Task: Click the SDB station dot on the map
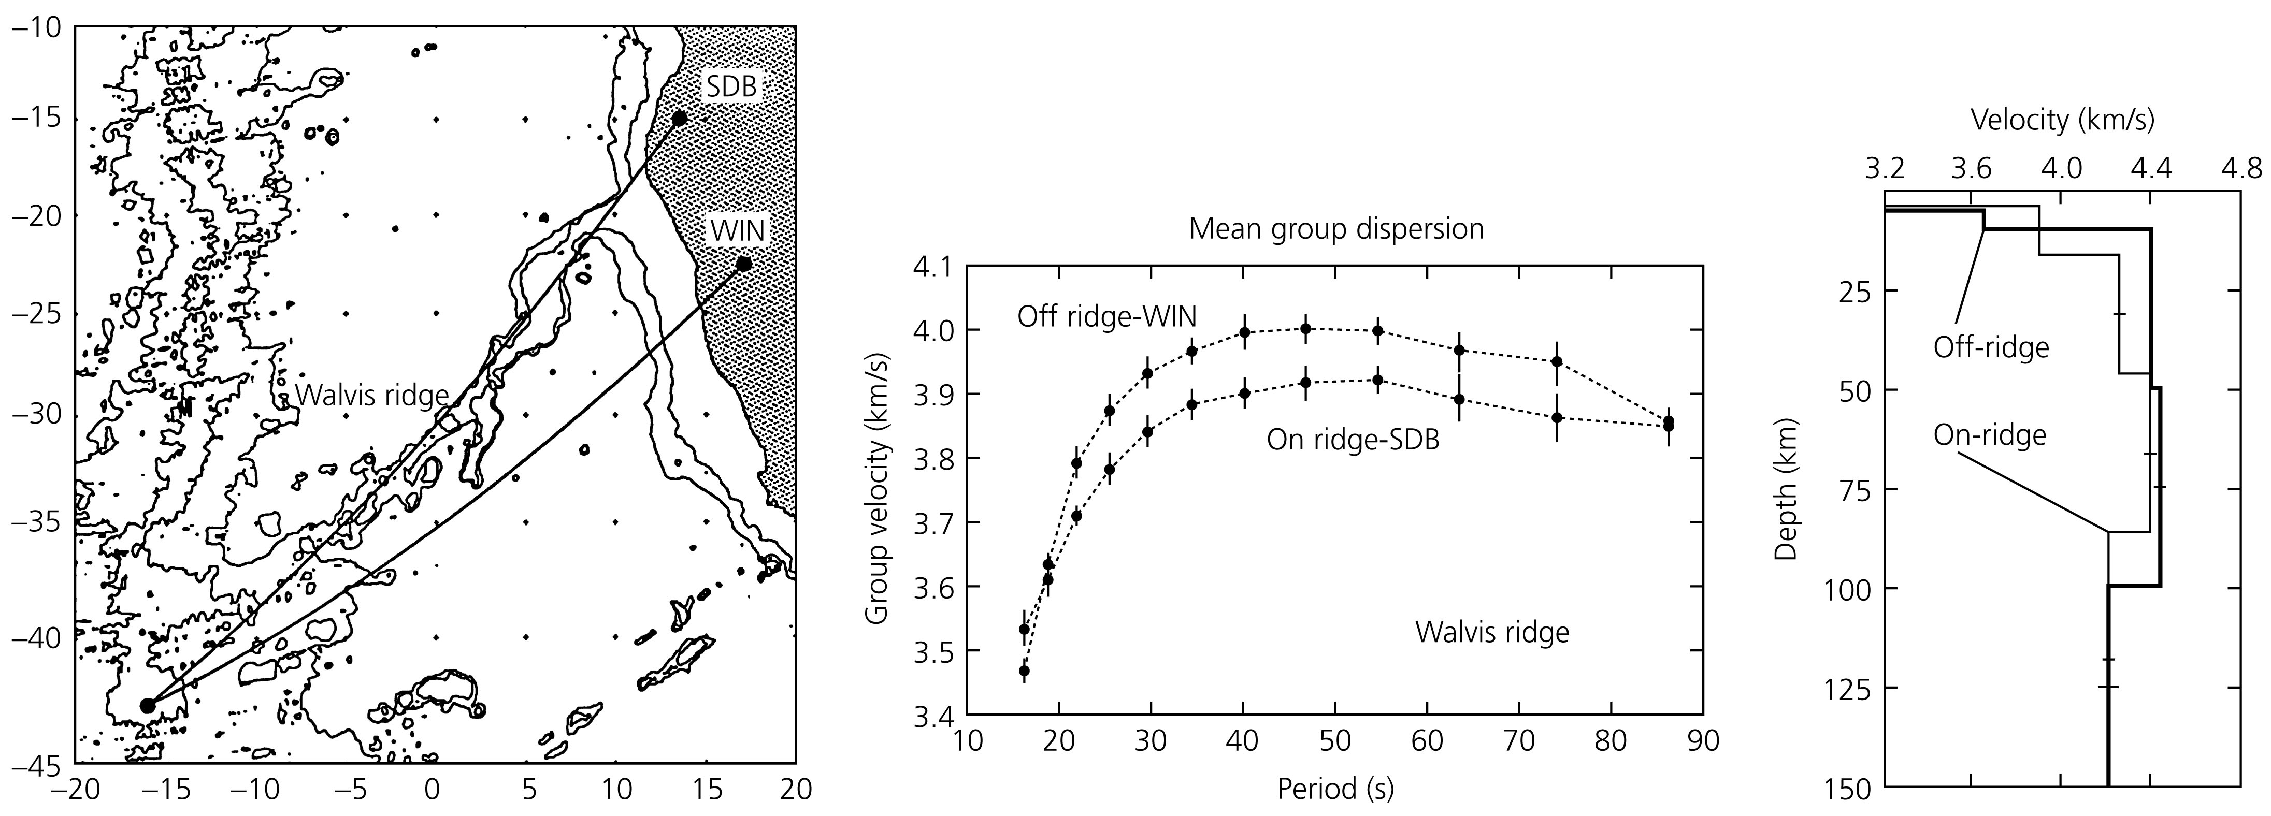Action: (x=679, y=118)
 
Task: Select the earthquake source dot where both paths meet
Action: (x=147, y=705)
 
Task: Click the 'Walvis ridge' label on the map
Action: (x=372, y=396)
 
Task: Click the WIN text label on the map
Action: (x=738, y=231)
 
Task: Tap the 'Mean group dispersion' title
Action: (x=1335, y=229)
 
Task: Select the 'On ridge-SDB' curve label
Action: (x=1353, y=439)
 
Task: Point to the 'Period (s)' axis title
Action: (x=1335, y=788)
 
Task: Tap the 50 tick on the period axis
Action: (x=1335, y=741)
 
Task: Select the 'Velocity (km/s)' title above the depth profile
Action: (x=2062, y=120)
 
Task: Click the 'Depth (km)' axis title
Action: (x=1785, y=489)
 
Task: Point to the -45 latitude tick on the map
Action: (x=35, y=764)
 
